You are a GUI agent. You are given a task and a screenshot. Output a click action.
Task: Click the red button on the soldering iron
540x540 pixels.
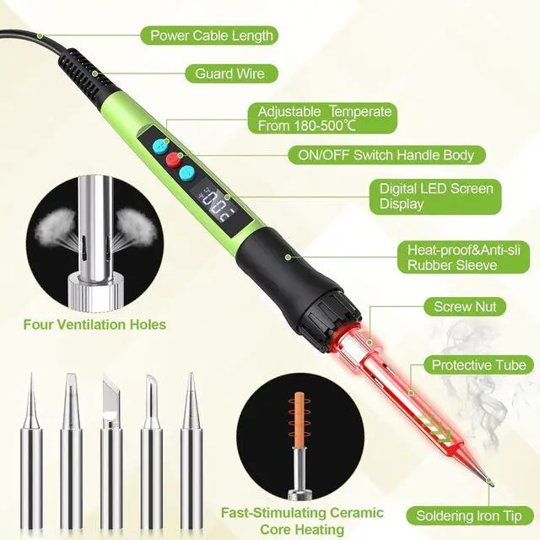(x=175, y=159)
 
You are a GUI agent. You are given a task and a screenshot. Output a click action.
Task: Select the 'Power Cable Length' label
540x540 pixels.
(x=211, y=35)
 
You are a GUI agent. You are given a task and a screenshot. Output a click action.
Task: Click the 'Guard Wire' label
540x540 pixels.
(x=229, y=73)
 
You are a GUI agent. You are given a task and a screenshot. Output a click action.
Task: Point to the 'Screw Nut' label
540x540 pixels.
(x=465, y=308)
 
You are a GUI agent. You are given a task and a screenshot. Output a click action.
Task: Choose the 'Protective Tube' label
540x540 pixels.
(x=478, y=365)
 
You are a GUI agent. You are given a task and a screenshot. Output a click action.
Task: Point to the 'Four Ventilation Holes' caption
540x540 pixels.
(x=94, y=324)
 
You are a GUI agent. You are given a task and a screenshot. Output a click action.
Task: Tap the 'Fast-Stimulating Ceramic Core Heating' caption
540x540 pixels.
(x=301, y=521)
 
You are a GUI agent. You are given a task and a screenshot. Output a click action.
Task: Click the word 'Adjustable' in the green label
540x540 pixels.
(x=289, y=111)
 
